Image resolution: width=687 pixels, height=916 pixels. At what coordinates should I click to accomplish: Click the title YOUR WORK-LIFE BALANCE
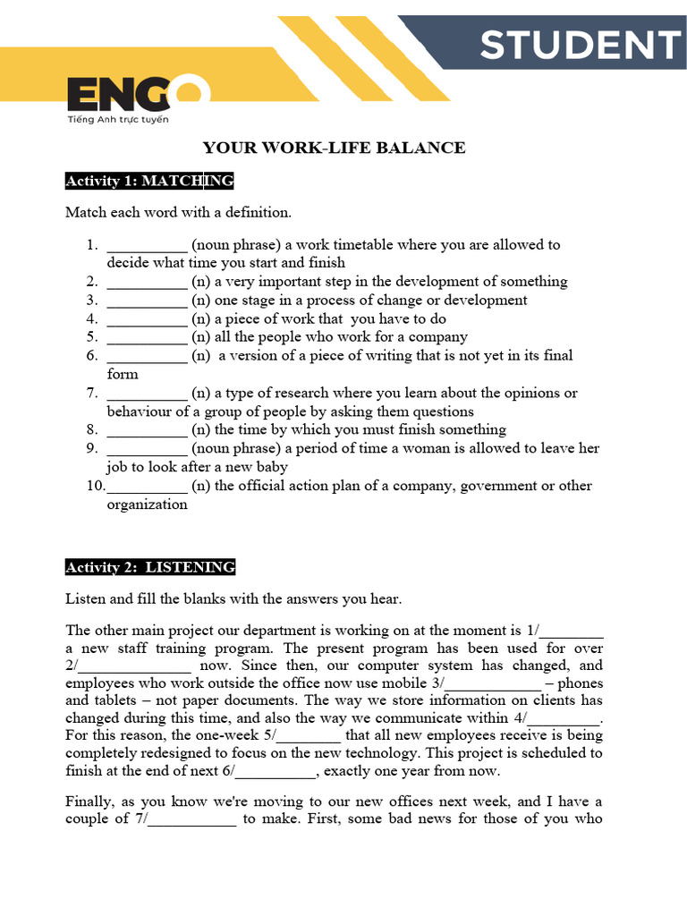(334, 148)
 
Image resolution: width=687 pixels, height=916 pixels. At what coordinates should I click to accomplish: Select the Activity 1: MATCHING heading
(149, 182)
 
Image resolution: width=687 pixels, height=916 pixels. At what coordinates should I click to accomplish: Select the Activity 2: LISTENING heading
(150, 567)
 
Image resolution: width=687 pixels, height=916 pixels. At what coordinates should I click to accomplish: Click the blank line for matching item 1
(147, 245)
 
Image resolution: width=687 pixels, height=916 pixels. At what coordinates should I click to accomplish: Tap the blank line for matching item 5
(147, 337)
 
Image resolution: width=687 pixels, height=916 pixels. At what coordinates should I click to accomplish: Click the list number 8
(91, 430)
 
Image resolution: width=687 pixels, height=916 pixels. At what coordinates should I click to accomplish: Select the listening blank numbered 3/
(497, 683)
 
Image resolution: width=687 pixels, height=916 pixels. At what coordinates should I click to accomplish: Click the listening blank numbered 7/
(191, 819)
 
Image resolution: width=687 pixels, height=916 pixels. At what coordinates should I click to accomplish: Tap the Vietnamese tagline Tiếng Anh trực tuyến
(118, 119)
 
